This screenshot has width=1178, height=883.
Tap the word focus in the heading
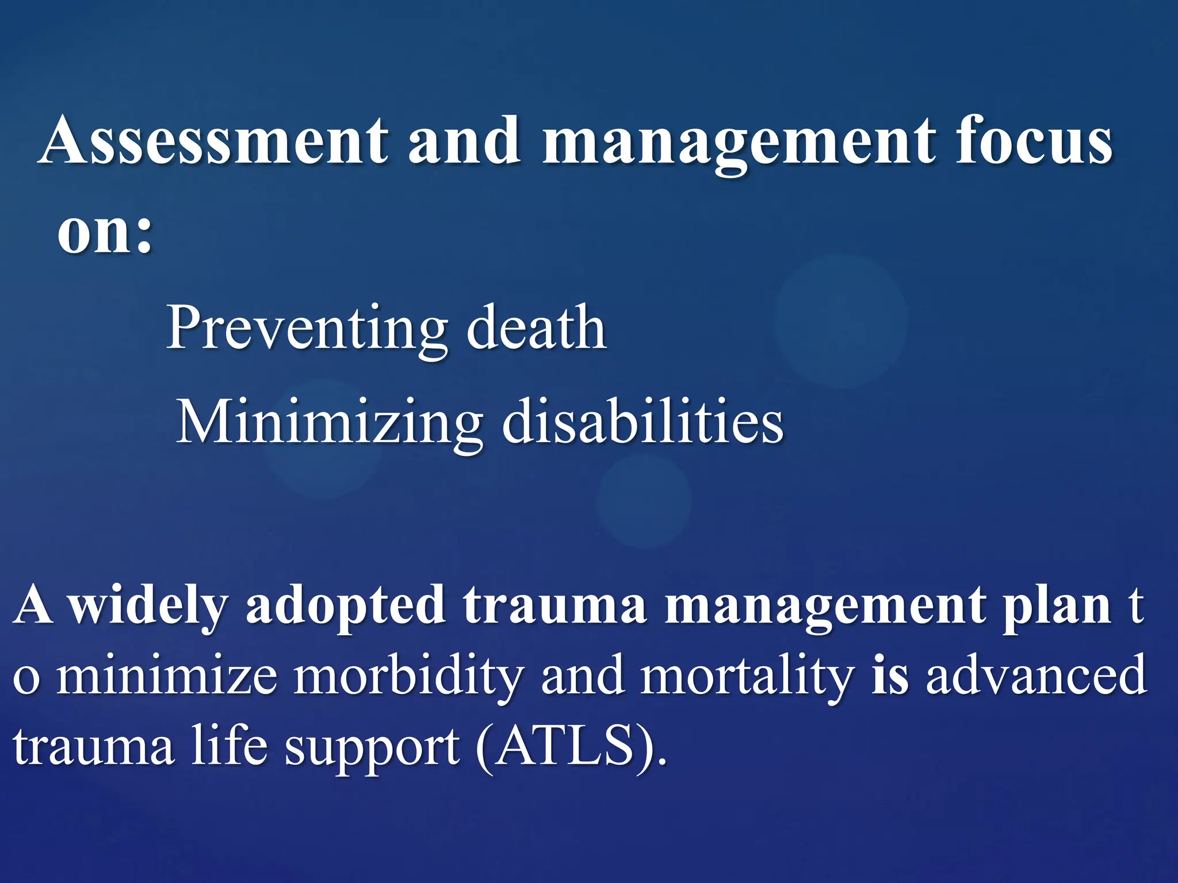coord(1034,141)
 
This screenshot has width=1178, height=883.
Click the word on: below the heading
coord(105,233)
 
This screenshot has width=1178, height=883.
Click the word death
coord(536,328)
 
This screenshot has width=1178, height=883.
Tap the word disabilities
coord(642,423)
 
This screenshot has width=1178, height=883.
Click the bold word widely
coord(148,606)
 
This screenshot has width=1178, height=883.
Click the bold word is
coord(890,675)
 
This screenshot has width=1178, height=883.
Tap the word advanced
coord(1036,675)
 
